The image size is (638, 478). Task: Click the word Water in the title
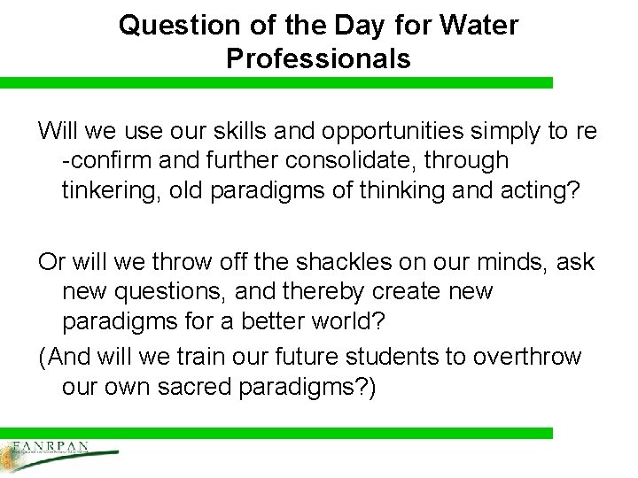[x=478, y=25]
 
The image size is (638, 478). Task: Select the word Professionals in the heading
[x=318, y=58]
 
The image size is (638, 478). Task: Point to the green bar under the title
[x=276, y=82]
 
